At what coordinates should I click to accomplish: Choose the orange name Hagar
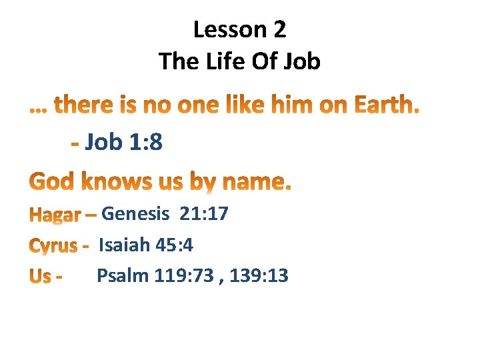[x=55, y=215]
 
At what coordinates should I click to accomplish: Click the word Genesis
[x=135, y=214]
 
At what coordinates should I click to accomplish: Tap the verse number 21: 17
[x=203, y=214]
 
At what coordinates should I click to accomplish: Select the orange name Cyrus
[x=53, y=247]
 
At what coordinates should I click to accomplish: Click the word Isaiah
[x=124, y=245]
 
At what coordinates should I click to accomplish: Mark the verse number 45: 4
[x=174, y=245]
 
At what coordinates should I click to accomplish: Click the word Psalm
[x=123, y=275]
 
